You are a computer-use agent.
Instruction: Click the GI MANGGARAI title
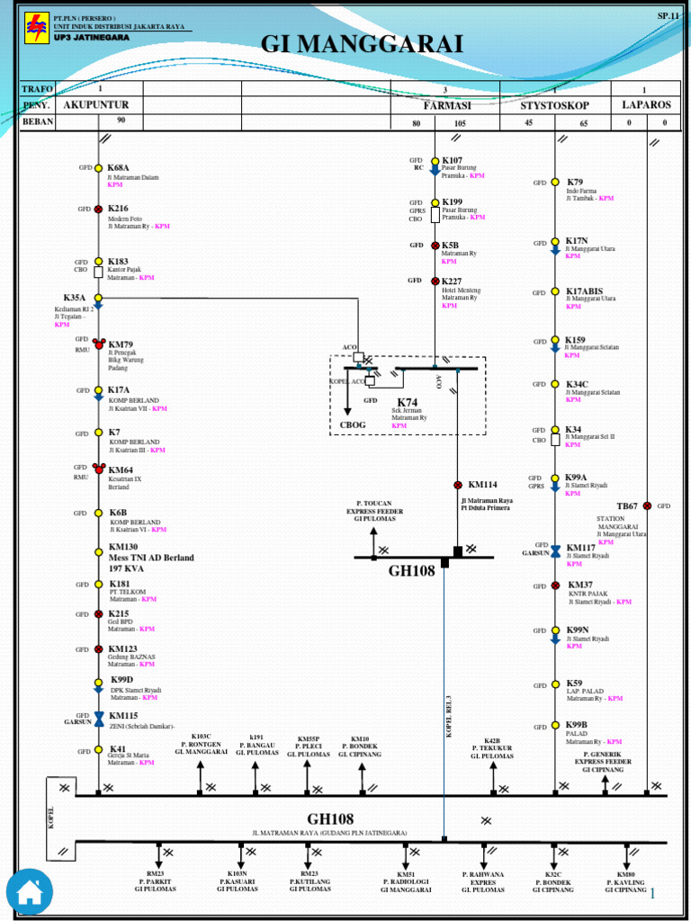point(362,44)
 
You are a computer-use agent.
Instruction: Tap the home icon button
point(30,891)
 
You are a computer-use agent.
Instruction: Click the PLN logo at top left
point(35,28)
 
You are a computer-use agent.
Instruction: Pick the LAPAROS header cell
point(646,104)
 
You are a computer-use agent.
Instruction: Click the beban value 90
point(121,120)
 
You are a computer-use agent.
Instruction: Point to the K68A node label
point(119,167)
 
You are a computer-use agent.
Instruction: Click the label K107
point(452,160)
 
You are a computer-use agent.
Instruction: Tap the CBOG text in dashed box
point(353,425)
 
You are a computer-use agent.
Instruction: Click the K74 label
point(408,402)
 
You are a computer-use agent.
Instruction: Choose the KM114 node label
point(482,485)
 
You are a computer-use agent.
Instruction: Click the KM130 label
point(123,546)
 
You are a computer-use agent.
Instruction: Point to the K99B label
point(576,724)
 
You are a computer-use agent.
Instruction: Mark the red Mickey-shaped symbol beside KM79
point(99,344)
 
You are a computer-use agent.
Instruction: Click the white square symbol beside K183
point(99,271)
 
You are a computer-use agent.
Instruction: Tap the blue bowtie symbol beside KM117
point(555,549)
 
